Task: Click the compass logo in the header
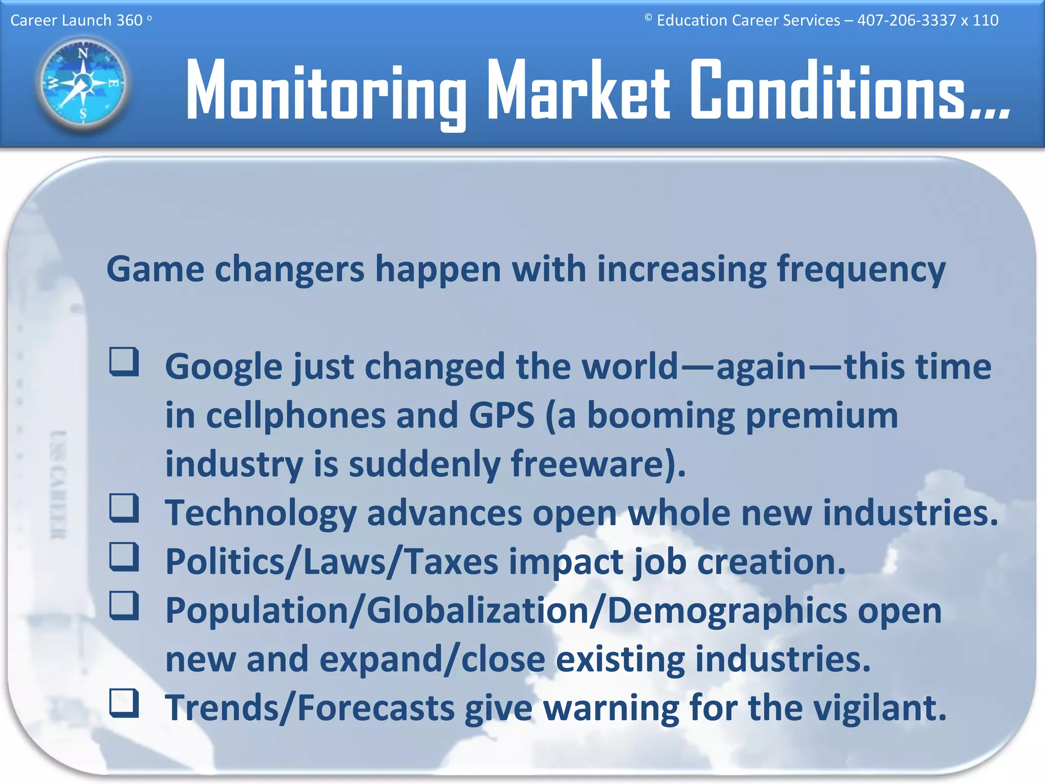point(83,83)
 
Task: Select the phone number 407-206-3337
point(906,20)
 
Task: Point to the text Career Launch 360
point(77,20)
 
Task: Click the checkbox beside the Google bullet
point(124,362)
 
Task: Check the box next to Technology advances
point(124,508)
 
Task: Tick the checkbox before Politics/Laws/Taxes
point(124,556)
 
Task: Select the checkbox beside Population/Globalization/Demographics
point(124,605)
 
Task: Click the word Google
point(223,367)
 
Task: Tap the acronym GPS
point(502,416)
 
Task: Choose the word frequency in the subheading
point(861,271)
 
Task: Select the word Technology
point(261,513)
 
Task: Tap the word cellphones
point(295,416)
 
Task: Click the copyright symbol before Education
point(648,17)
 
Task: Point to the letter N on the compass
point(83,53)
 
